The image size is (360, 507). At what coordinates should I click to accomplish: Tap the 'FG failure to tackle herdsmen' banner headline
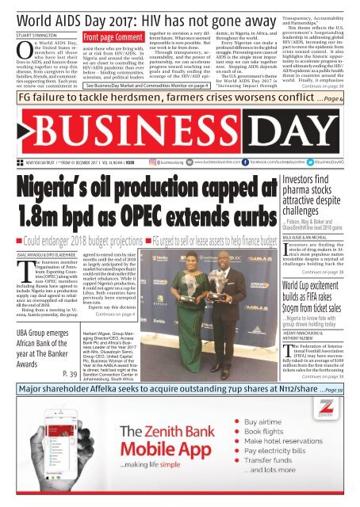(159, 78)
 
